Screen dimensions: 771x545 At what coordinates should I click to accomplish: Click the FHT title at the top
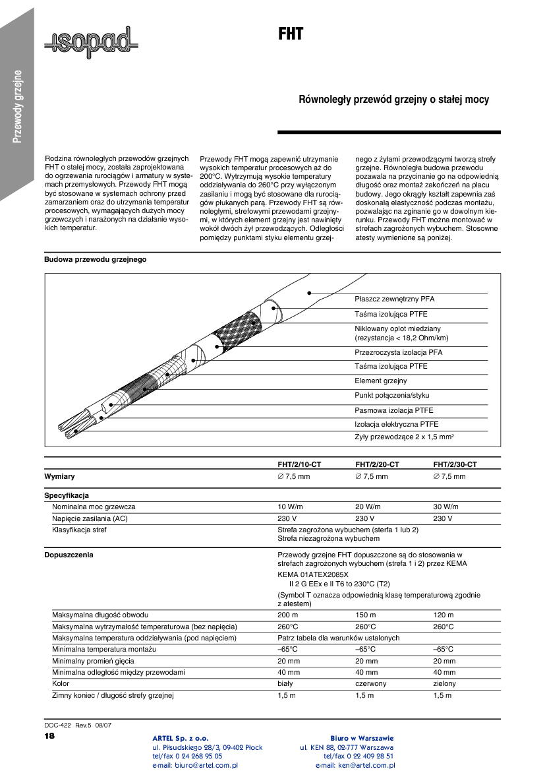(x=290, y=34)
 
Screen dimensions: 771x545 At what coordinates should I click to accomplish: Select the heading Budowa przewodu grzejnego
(x=95, y=260)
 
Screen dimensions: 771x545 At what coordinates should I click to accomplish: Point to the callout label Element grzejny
(x=380, y=381)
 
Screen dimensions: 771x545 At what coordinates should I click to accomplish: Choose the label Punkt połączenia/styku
(x=391, y=395)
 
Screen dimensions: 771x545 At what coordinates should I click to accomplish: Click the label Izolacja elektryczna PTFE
(x=396, y=424)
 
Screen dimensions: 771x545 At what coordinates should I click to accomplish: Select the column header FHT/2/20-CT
(x=377, y=464)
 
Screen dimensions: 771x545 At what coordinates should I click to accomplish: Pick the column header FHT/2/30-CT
(x=455, y=464)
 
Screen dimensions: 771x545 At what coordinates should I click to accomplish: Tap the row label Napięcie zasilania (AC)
(x=90, y=518)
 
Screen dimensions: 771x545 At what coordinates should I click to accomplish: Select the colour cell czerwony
(x=371, y=683)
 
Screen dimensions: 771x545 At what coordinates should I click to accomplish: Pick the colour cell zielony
(x=444, y=683)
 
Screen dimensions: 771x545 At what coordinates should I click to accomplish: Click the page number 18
(x=50, y=735)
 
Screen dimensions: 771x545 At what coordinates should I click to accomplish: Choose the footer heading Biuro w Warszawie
(x=362, y=737)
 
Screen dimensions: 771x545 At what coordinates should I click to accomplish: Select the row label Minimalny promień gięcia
(x=93, y=661)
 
